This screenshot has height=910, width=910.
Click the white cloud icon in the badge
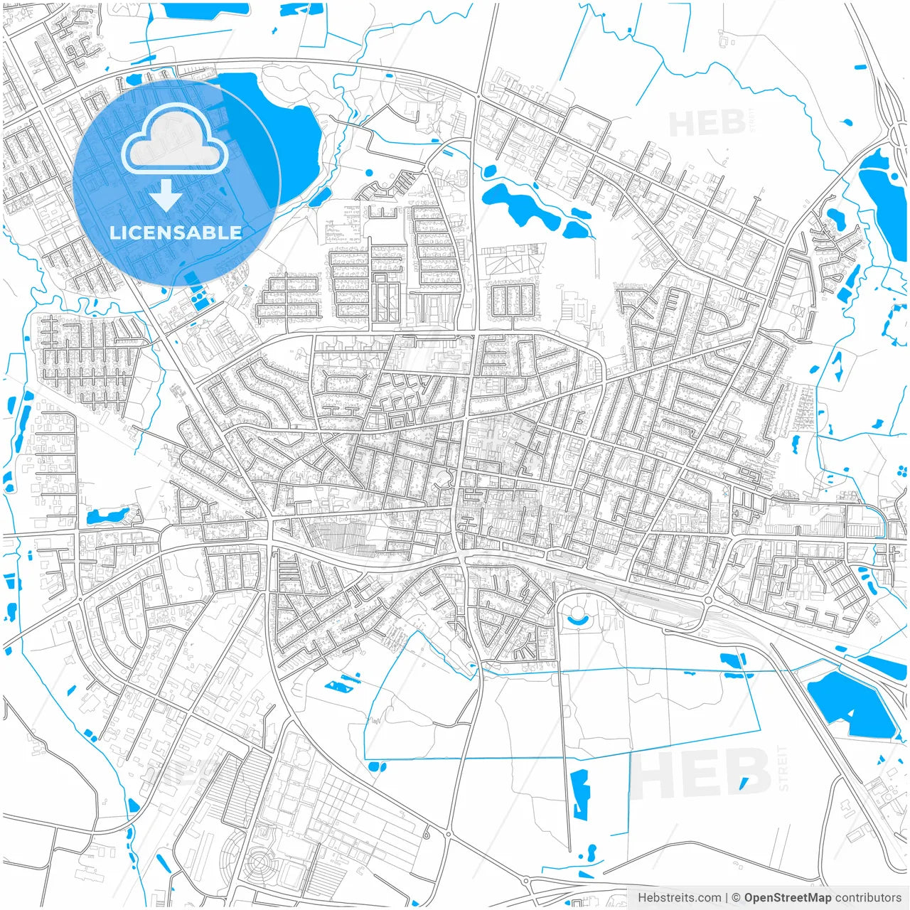(x=175, y=139)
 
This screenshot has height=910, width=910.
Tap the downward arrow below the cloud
(x=166, y=196)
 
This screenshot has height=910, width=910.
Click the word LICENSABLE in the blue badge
(x=176, y=232)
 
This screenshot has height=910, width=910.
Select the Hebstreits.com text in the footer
(x=679, y=898)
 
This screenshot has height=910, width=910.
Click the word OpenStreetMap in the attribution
(x=787, y=898)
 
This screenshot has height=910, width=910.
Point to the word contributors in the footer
(x=867, y=898)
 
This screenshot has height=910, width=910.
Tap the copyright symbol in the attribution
(x=736, y=898)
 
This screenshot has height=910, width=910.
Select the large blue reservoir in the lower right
(x=850, y=704)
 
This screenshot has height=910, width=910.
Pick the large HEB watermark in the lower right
(x=700, y=773)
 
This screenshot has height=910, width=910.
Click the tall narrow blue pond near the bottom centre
(x=581, y=793)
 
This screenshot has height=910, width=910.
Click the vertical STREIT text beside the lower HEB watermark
(x=783, y=768)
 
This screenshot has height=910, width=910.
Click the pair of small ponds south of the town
(x=341, y=682)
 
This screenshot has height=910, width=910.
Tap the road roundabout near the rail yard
(x=708, y=601)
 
